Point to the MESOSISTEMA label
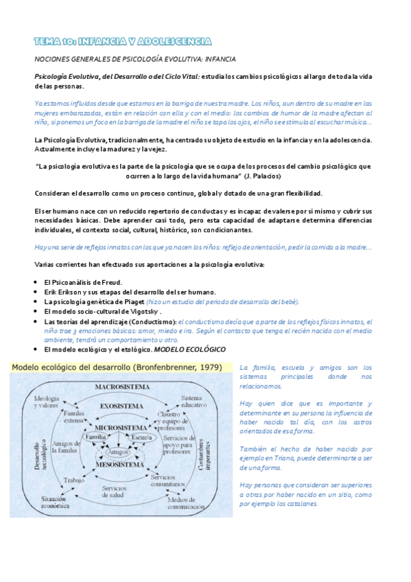click(122, 465)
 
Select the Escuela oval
click(142, 437)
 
